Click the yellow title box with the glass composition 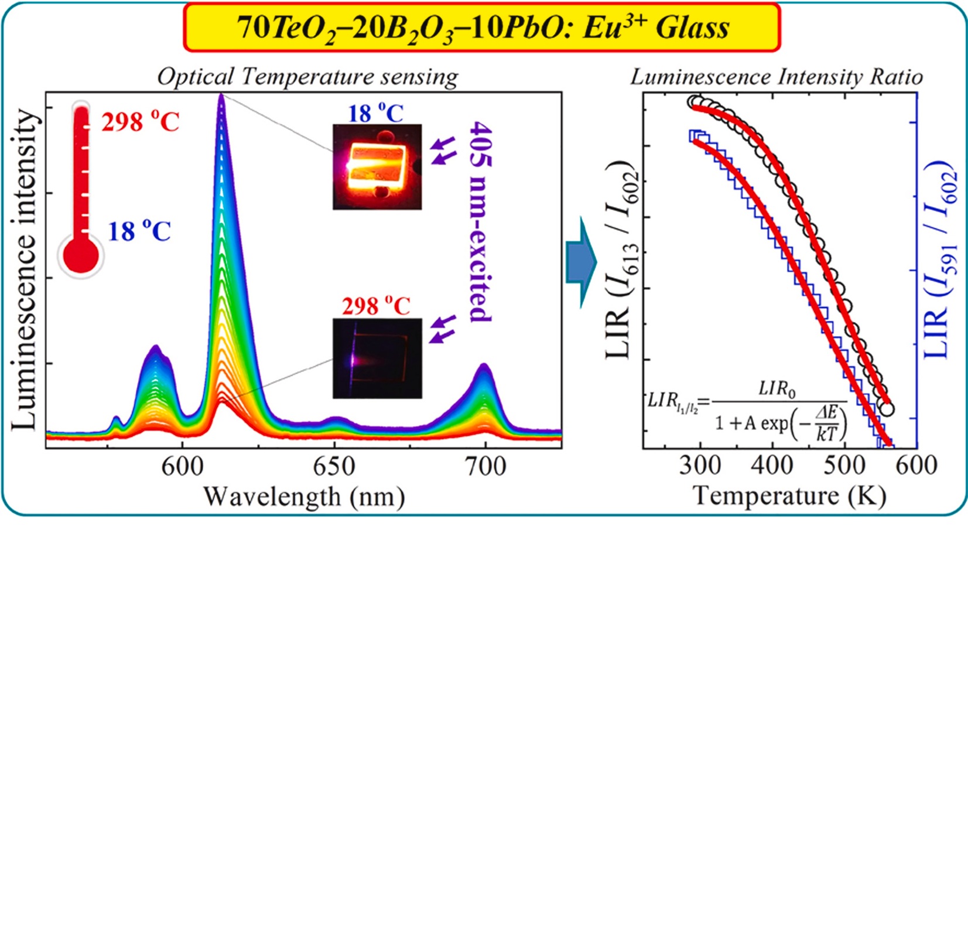click(x=481, y=27)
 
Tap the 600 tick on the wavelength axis click(x=182, y=467)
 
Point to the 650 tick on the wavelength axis click(x=334, y=467)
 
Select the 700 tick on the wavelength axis click(x=485, y=467)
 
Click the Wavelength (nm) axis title click(x=303, y=497)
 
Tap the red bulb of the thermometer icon click(x=81, y=255)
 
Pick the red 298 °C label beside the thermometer click(x=140, y=122)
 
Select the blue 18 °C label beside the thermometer click(x=139, y=231)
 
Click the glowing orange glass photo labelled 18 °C click(x=377, y=166)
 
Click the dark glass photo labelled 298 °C click(x=377, y=358)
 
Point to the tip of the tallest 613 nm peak click(x=221, y=95)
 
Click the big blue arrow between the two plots click(x=581, y=262)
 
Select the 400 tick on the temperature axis click(x=772, y=465)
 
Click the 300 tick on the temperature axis click(x=700, y=465)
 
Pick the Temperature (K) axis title click(x=789, y=495)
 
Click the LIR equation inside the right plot click(x=747, y=413)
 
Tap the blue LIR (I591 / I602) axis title click(x=939, y=261)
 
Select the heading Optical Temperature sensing click(x=307, y=77)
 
